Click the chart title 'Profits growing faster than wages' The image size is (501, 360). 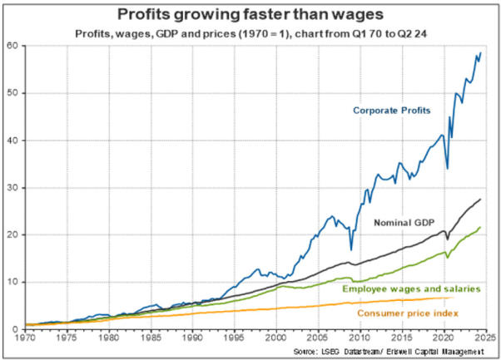(x=250, y=14)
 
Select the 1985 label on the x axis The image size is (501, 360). (x=151, y=338)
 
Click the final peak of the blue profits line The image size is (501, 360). (x=480, y=53)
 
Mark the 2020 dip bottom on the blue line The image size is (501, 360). (x=448, y=169)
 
